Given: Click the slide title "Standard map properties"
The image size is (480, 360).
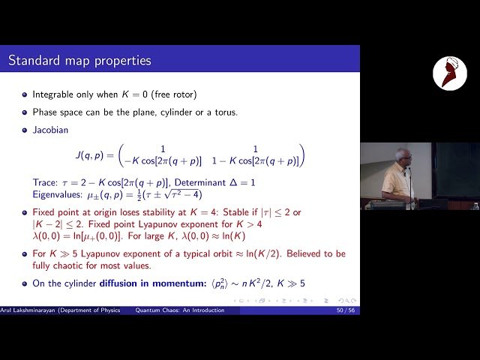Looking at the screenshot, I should pyautogui.click(x=79, y=60).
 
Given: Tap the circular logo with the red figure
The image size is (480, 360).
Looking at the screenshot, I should pyautogui.click(x=449, y=73).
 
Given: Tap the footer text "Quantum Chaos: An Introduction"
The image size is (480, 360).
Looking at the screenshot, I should pyautogui.click(x=184, y=310).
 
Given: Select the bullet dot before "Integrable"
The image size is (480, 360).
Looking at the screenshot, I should pyautogui.click(x=25, y=96).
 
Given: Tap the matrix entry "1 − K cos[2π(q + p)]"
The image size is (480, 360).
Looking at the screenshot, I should pyautogui.click(x=255, y=161).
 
